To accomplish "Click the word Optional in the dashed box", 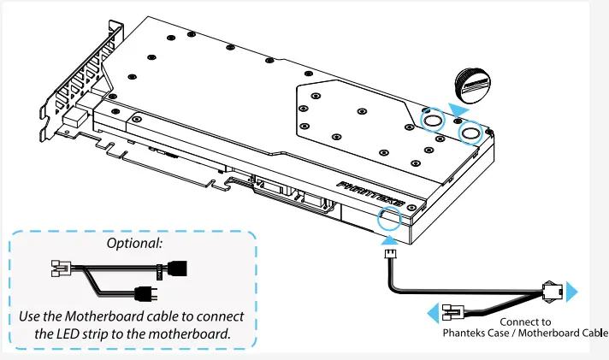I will coord(134,244).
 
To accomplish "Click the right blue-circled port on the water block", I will coord(470,133).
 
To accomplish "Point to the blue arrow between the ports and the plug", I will coord(459,110).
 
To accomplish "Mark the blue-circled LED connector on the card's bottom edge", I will coord(388,220).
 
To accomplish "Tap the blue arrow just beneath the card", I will coord(380,242).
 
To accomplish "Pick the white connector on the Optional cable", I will coord(61,269).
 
